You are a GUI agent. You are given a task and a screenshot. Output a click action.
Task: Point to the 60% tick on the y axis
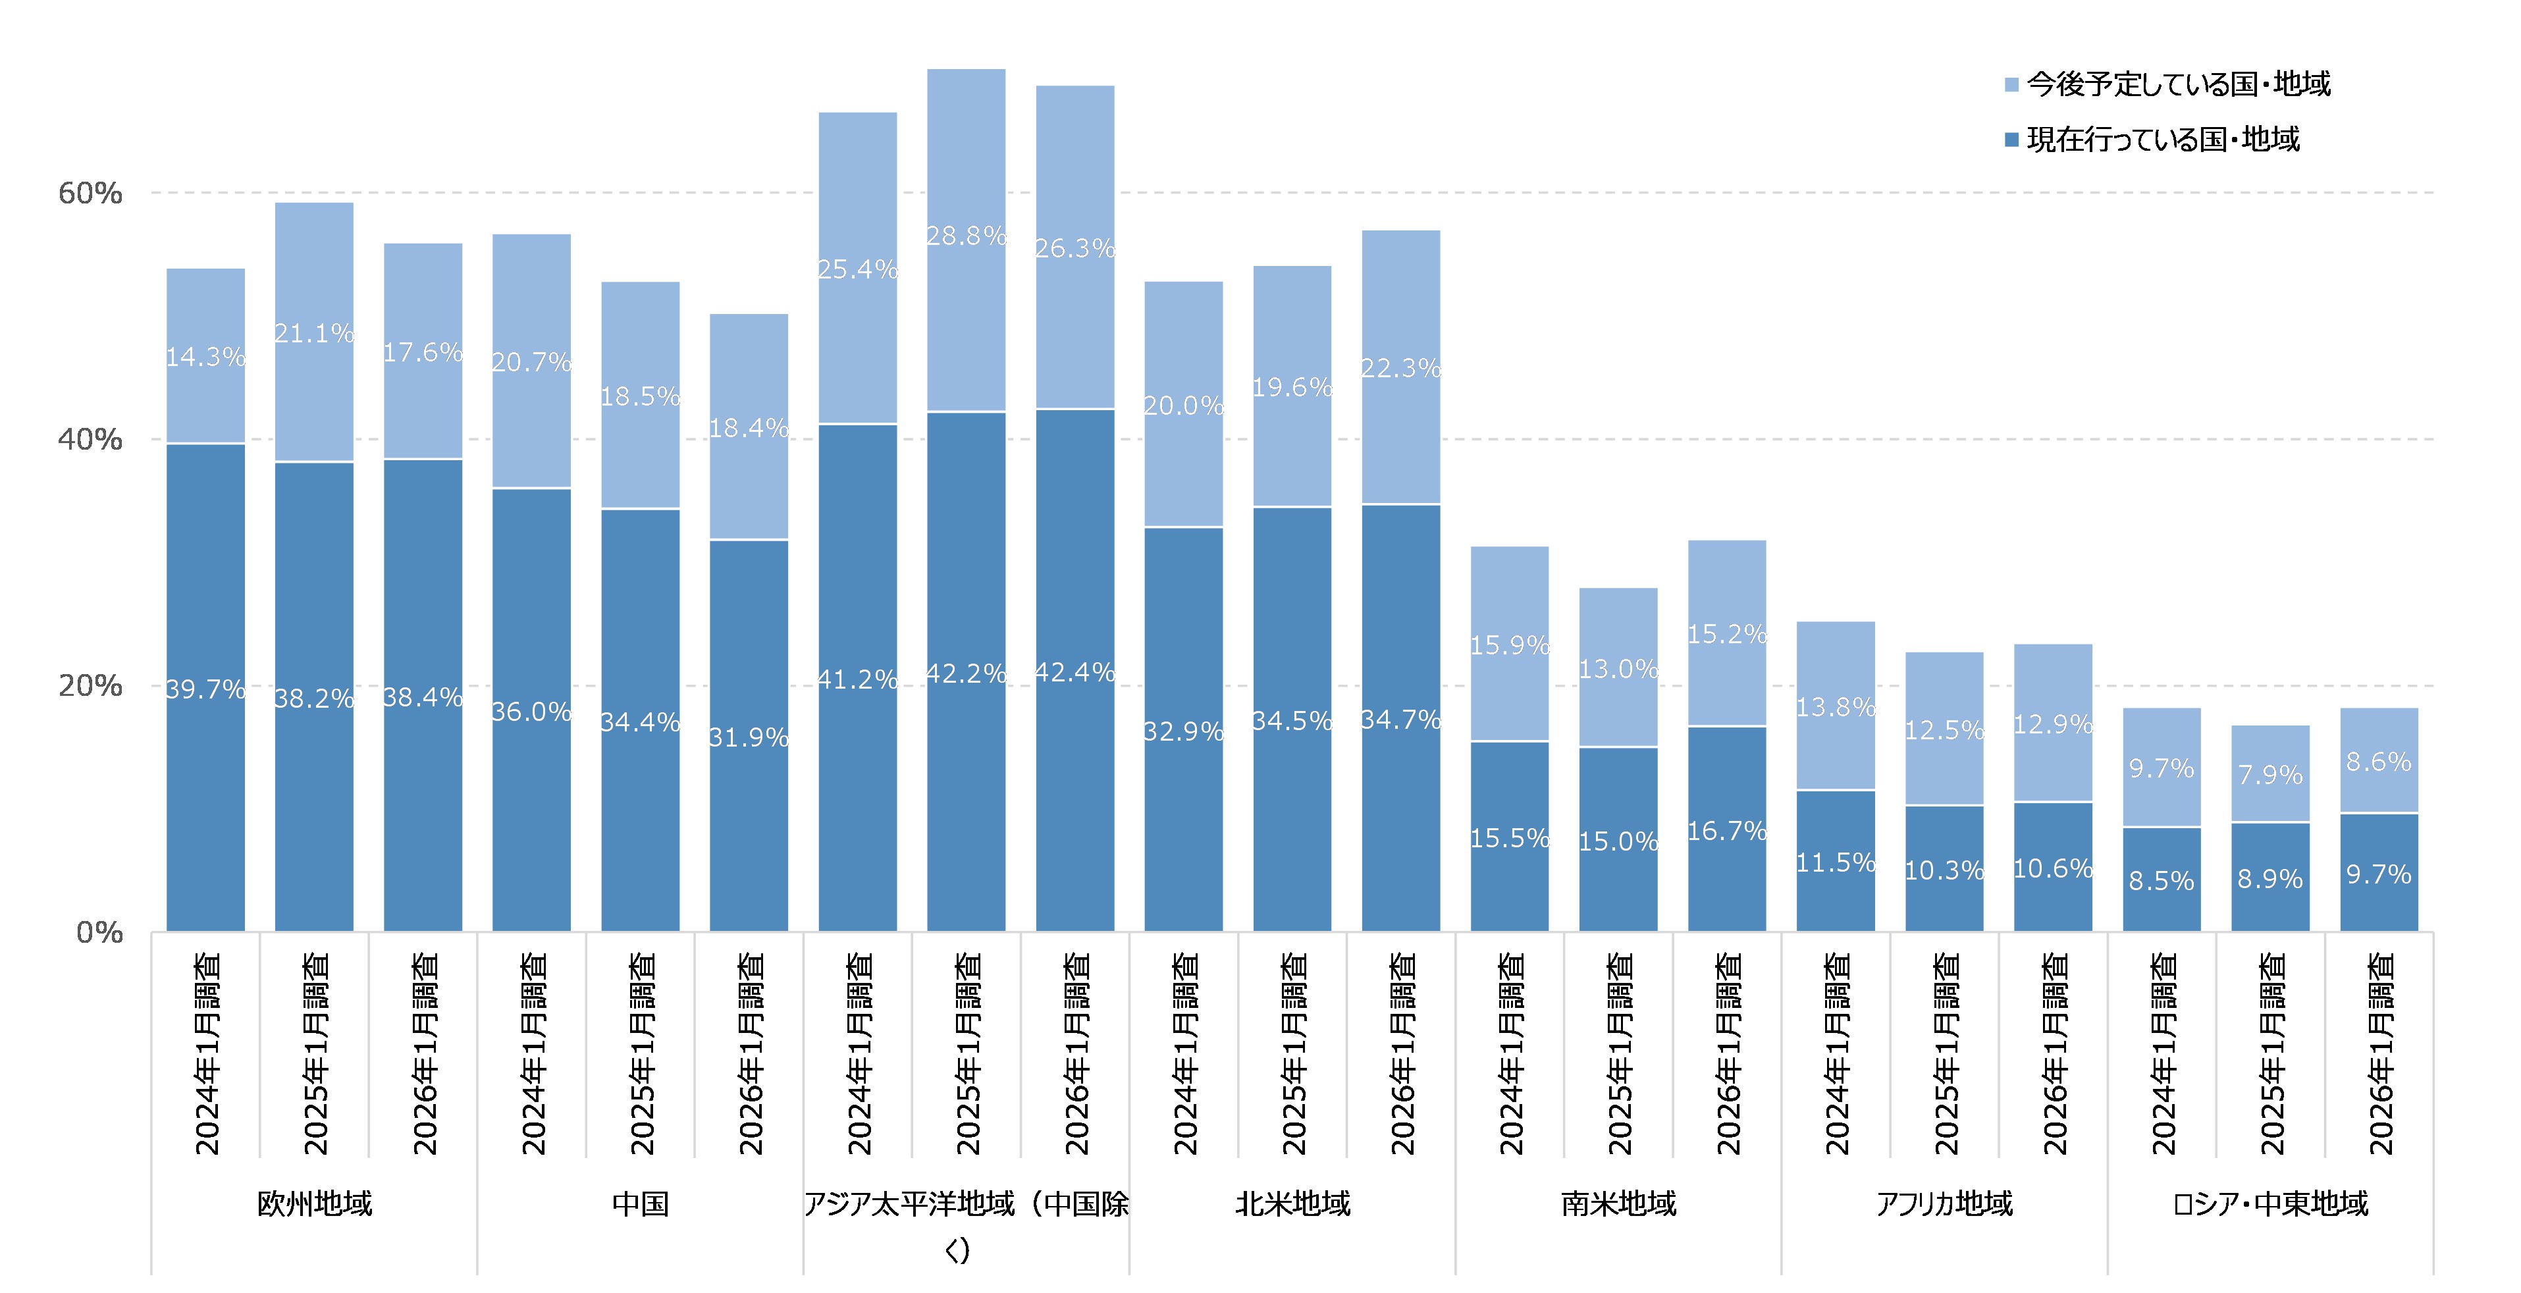coord(90,193)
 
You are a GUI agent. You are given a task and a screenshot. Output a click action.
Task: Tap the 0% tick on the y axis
coord(99,932)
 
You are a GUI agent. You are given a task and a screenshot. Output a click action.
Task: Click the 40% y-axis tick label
coord(90,440)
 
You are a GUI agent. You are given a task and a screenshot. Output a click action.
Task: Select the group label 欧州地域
coord(314,1203)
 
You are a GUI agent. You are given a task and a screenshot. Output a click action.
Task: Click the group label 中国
coord(640,1203)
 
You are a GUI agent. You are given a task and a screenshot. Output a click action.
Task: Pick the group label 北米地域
coord(1292,1203)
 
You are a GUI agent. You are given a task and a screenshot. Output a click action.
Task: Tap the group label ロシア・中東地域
coord(2269,1203)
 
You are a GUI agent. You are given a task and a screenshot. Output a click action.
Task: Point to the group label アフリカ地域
coord(1944,1203)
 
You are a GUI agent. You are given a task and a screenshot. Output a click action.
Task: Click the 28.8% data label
coord(966,236)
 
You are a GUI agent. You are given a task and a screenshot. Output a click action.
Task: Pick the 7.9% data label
coord(2269,776)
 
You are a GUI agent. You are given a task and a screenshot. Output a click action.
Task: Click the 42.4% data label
coord(1075,672)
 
